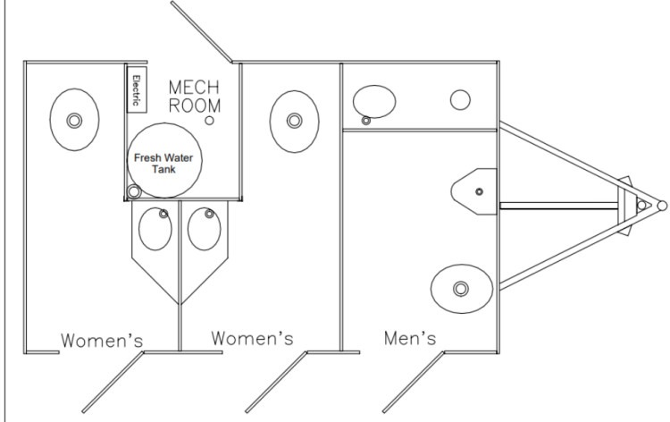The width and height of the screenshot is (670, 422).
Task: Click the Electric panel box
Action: (137, 89)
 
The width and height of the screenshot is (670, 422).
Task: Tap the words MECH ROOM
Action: (195, 97)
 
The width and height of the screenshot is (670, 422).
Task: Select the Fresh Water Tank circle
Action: (164, 160)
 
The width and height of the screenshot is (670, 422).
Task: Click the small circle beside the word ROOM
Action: (209, 121)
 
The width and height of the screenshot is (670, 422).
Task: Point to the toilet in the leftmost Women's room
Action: (74, 120)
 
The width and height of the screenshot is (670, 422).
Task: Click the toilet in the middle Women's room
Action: (295, 122)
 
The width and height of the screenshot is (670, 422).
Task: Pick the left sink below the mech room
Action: (155, 229)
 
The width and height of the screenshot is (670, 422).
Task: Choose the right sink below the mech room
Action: (205, 229)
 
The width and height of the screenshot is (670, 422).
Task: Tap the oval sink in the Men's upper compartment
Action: (374, 102)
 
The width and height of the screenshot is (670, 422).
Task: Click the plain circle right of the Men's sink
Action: (460, 100)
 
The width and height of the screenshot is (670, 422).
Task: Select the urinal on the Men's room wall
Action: (474, 191)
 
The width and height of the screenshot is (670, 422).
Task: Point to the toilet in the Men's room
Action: (462, 289)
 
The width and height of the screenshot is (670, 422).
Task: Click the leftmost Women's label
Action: (102, 341)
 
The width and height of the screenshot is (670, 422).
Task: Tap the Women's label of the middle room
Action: (252, 338)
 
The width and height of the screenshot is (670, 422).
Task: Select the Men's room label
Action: (410, 338)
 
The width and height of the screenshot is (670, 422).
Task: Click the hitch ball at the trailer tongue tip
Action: (662, 207)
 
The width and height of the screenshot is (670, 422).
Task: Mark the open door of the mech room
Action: (202, 32)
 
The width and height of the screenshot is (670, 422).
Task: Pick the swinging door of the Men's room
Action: (414, 383)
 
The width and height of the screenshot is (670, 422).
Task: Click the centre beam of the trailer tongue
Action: (559, 207)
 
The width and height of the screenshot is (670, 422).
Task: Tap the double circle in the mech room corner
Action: (134, 192)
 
